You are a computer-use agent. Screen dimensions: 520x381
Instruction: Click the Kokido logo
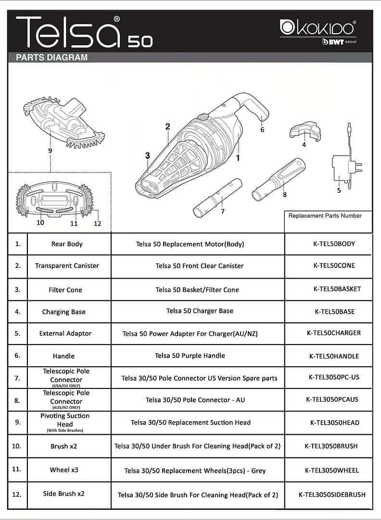tap(318, 27)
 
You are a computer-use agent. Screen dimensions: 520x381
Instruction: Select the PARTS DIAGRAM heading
tap(52, 57)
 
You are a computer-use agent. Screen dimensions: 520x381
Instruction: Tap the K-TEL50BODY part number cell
tap(334, 244)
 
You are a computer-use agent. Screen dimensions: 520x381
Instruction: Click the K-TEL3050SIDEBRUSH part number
tap(332, 494)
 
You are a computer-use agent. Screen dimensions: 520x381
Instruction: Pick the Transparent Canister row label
tap(67, 266)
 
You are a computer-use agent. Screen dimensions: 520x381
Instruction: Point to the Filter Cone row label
tap(65, 290)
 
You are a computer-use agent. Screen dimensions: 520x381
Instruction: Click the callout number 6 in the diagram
tap(262, 130)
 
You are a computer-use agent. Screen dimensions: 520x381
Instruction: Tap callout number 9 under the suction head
tap(50, 151)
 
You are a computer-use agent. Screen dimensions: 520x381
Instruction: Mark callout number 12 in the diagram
tap(98, 224)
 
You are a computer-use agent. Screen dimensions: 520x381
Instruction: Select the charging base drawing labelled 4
tap(305, 132)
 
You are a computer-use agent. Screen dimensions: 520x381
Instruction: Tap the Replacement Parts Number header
tap(325, 215)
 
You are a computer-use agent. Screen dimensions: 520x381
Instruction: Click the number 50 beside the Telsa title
tap(140, 42)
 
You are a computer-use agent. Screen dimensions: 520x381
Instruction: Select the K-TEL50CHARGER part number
tap(333, 333)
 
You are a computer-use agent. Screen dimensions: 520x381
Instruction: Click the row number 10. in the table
tap(16, 446)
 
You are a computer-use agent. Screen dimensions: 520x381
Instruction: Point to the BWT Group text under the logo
tap(340, 42)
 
